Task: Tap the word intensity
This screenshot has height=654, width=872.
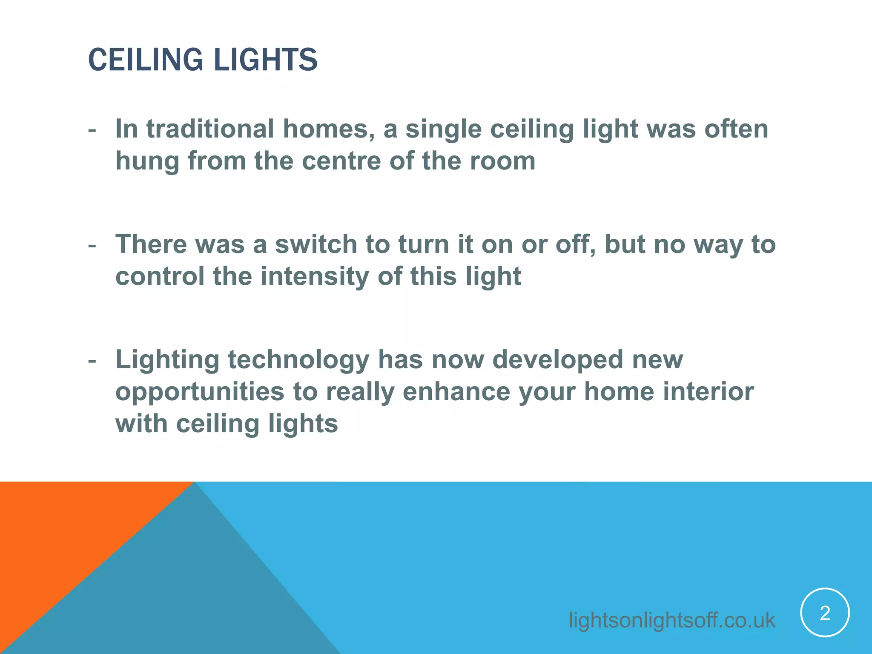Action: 315,276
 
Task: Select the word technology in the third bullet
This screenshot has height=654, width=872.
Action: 298,360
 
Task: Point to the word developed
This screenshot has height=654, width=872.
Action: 558,360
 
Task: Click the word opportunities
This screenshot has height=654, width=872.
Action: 200,392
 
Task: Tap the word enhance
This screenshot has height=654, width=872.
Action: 456,392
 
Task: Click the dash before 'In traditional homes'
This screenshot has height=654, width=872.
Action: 92,130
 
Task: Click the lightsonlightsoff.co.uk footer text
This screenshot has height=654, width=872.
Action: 671,620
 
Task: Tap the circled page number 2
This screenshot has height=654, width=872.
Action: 825,613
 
